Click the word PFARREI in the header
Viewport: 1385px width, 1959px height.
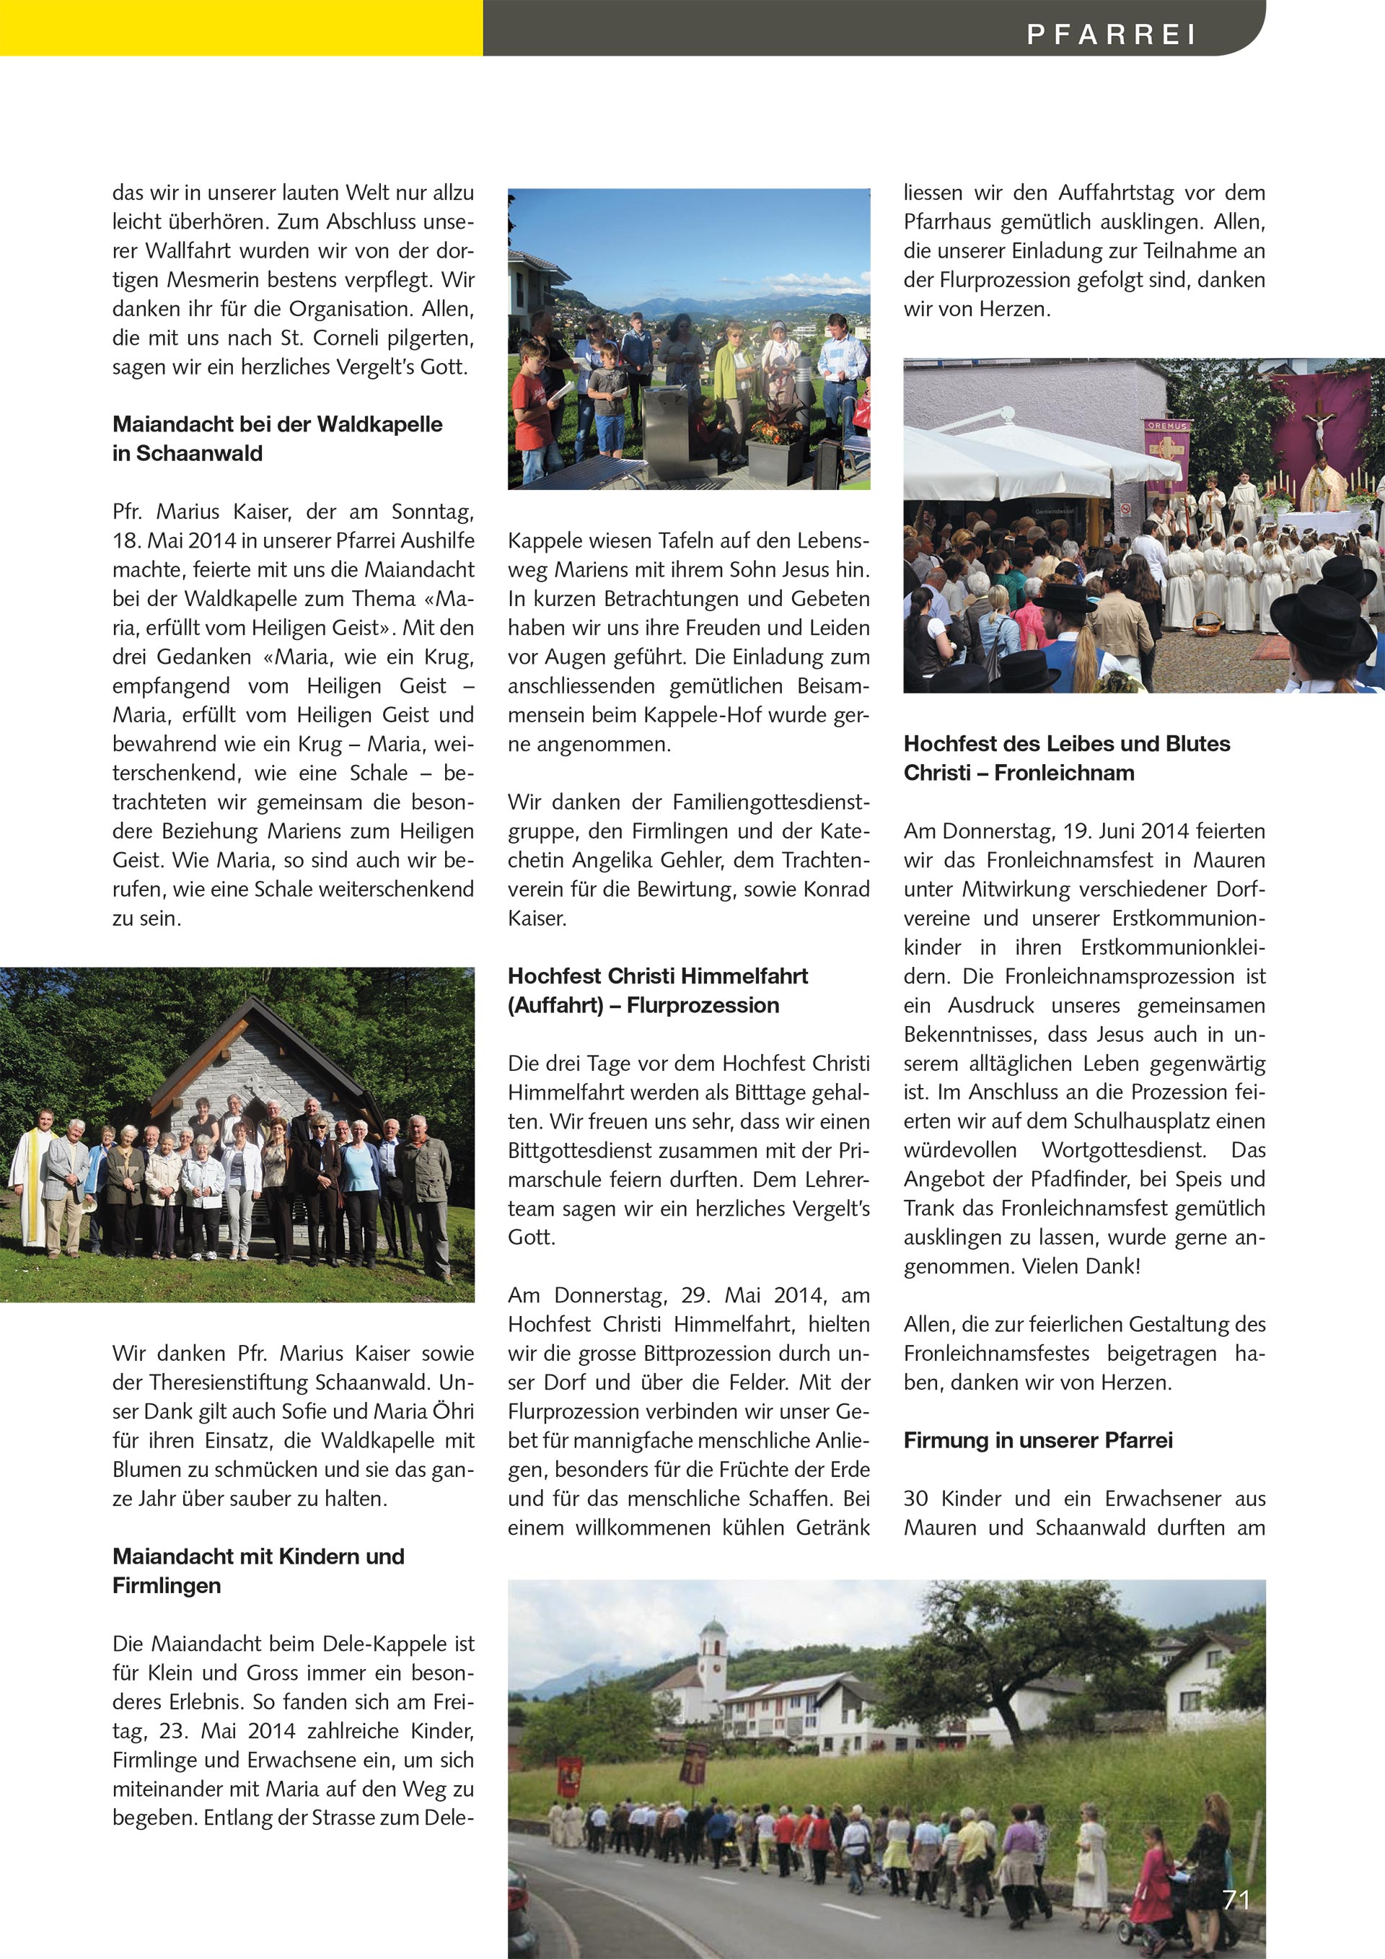pos(1110,33)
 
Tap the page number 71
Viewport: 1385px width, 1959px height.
pos(1236,1899)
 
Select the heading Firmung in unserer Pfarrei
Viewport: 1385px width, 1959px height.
pos(1038,1440)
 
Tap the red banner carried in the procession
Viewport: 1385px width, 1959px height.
pos(569,1777)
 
